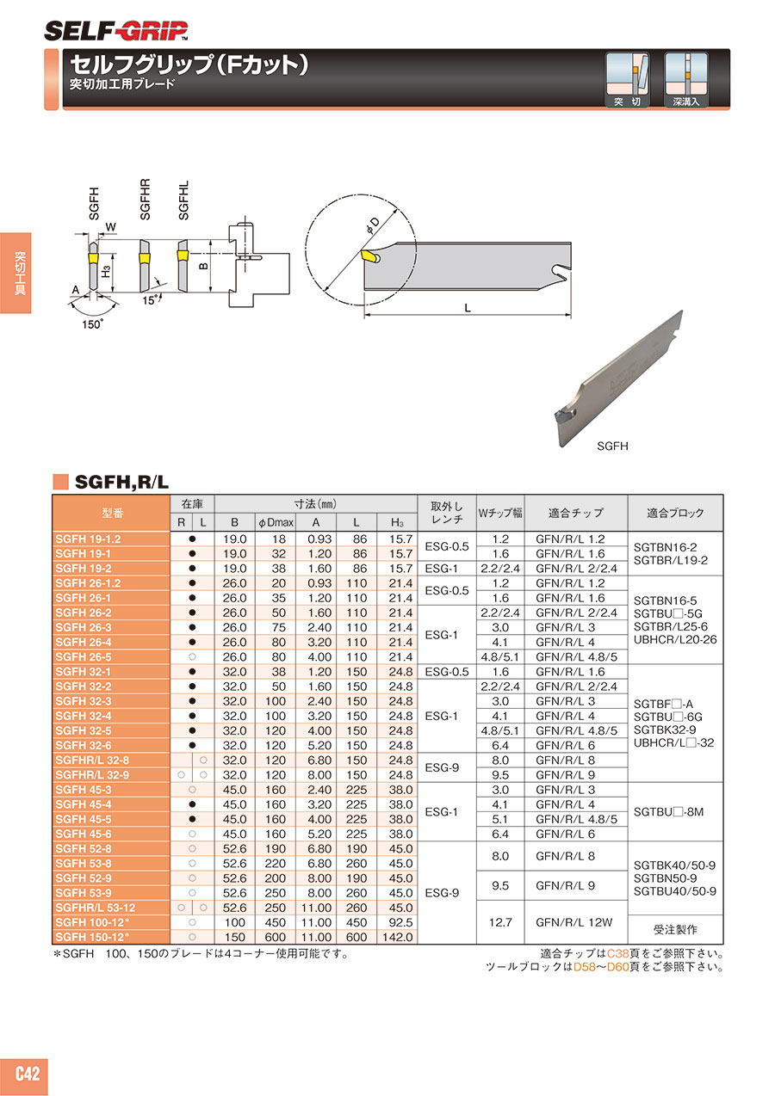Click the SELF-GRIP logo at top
[x=115, y=32]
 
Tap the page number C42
[x=28, y=1074]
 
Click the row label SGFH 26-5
[x=84, y=656]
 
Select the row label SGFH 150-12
[x=91, y=937]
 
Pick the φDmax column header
[x=276, y=522]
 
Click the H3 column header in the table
[x=397, y=522]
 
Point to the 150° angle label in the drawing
[x=92, y=324]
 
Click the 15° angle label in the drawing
[x=151, y=300]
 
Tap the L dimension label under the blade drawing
[x=468, y=308]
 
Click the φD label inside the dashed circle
[x=372, y=225]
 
